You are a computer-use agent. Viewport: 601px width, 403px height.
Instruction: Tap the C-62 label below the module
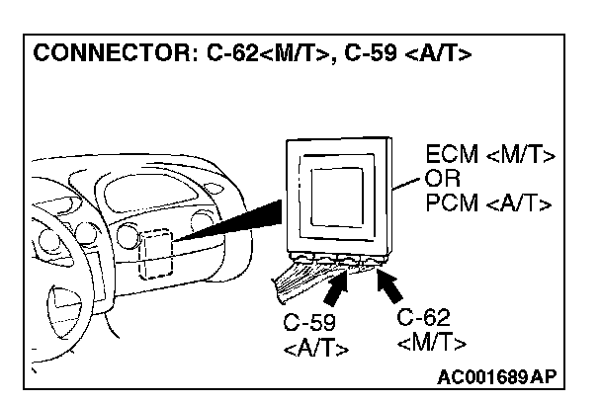(423, 318)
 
